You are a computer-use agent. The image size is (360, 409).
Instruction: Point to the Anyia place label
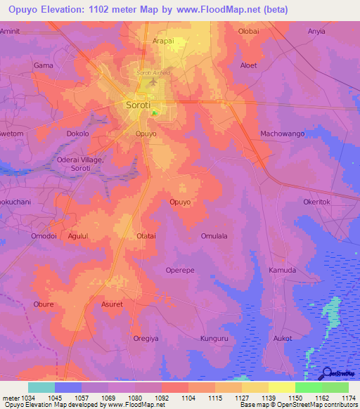pos(317,31)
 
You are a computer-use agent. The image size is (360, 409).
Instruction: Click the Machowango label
pos(282,134)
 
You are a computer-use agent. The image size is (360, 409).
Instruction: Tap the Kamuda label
pos(283,270)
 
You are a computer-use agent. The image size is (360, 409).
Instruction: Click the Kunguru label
pos(215,338)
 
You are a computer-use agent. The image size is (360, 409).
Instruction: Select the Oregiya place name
pos(147,338)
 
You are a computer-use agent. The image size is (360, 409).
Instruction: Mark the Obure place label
pos(44,304)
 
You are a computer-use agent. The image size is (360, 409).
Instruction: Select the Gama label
pos(44,65)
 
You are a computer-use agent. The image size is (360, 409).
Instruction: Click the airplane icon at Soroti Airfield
pos(154,84)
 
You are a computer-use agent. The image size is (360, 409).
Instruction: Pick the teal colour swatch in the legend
pos(41,387)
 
